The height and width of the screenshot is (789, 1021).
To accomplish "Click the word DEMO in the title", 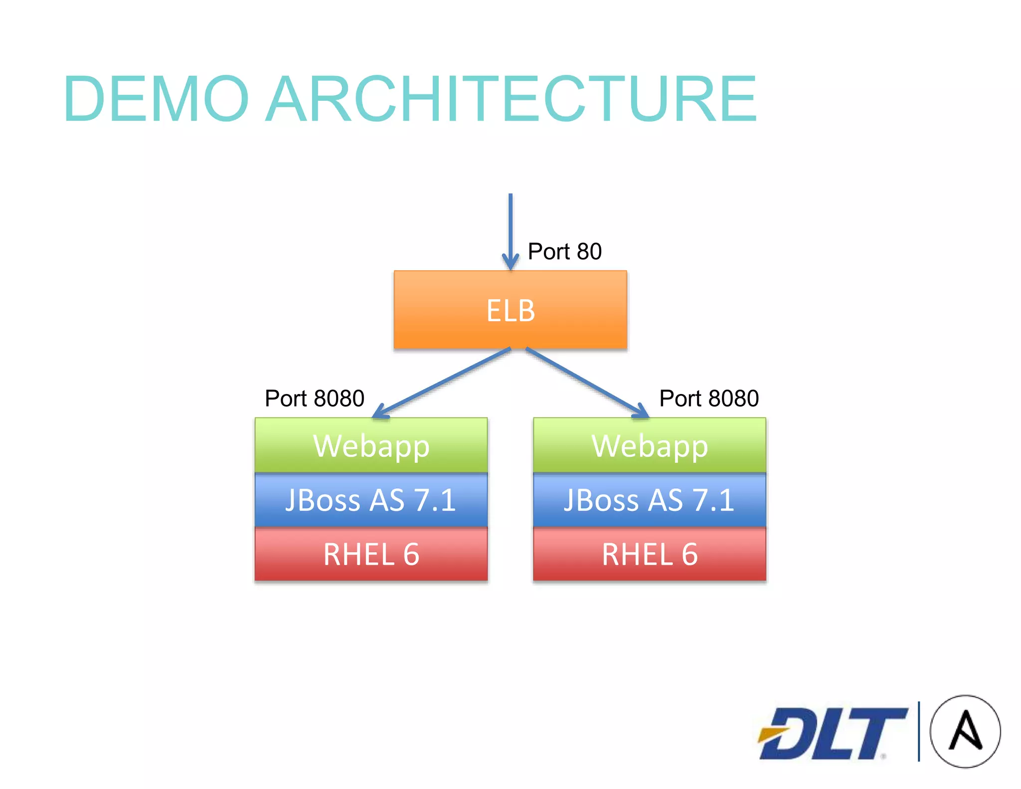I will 156,98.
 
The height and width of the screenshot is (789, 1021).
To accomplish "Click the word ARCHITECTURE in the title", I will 511,98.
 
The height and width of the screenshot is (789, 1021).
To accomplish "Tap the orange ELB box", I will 510,310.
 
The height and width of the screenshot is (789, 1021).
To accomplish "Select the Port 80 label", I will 564,251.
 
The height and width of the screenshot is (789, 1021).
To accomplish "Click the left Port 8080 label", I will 315,398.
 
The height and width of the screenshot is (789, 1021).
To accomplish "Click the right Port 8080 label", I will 709,398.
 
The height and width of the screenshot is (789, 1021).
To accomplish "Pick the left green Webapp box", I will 371,445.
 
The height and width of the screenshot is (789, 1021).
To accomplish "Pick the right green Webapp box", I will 649,445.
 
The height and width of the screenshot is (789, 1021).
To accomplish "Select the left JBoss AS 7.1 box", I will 371,500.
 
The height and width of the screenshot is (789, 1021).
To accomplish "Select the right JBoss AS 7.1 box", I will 649,500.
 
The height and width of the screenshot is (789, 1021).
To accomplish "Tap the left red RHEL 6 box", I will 371,554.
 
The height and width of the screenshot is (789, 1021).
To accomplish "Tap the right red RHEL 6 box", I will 649,554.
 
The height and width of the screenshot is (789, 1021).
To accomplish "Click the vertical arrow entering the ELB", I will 510,224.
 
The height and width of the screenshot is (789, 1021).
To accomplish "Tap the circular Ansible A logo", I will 965,731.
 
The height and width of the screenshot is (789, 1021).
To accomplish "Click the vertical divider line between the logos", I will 918,731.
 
